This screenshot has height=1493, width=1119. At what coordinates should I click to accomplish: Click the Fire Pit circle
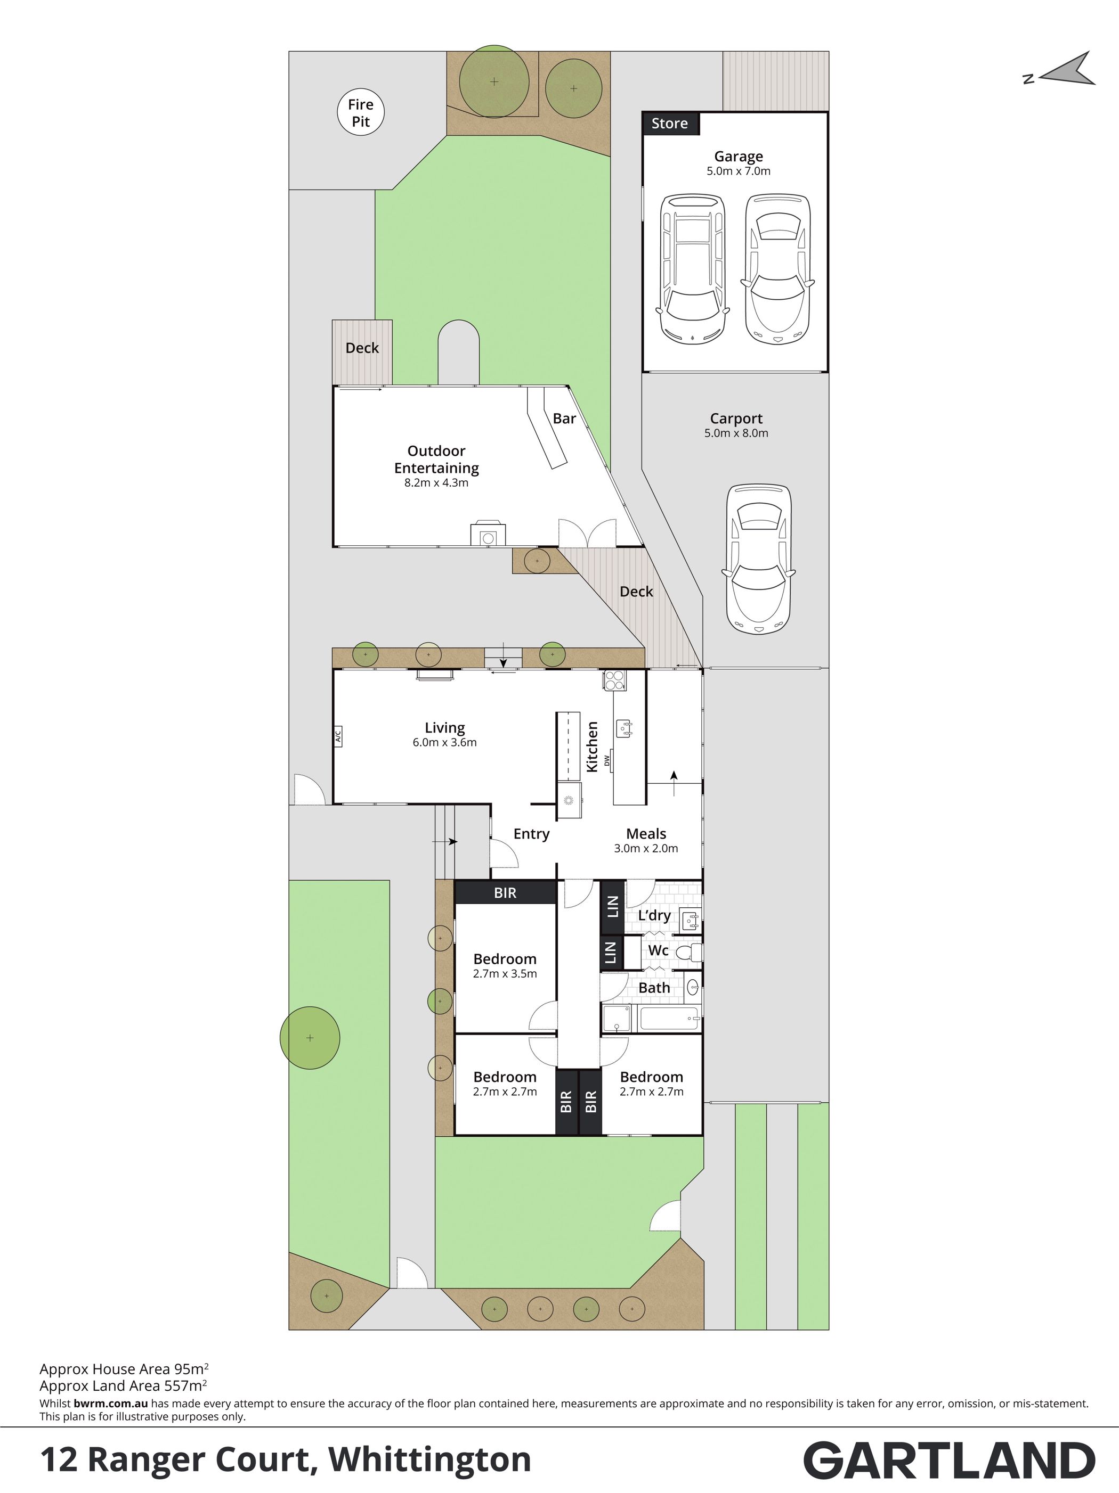361,113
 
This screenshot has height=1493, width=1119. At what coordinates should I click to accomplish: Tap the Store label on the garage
669,124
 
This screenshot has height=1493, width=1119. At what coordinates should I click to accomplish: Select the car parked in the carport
758,558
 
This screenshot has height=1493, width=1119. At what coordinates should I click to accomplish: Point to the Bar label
565,419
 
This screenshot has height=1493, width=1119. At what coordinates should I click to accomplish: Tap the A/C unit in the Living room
338,736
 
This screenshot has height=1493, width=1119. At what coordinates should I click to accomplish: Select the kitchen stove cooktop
614,680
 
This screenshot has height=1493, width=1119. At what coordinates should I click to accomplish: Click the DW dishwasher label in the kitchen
607,760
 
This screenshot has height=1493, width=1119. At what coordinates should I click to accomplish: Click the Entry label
531,834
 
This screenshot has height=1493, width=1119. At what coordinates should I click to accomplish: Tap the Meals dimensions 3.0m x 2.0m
646,848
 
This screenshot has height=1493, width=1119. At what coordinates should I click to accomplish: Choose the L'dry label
654,916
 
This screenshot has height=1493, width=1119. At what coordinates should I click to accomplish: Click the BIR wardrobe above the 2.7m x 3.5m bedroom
505,892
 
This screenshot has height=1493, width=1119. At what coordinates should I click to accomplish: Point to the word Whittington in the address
429,1459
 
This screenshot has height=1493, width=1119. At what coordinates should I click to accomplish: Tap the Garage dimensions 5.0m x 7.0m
739,171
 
